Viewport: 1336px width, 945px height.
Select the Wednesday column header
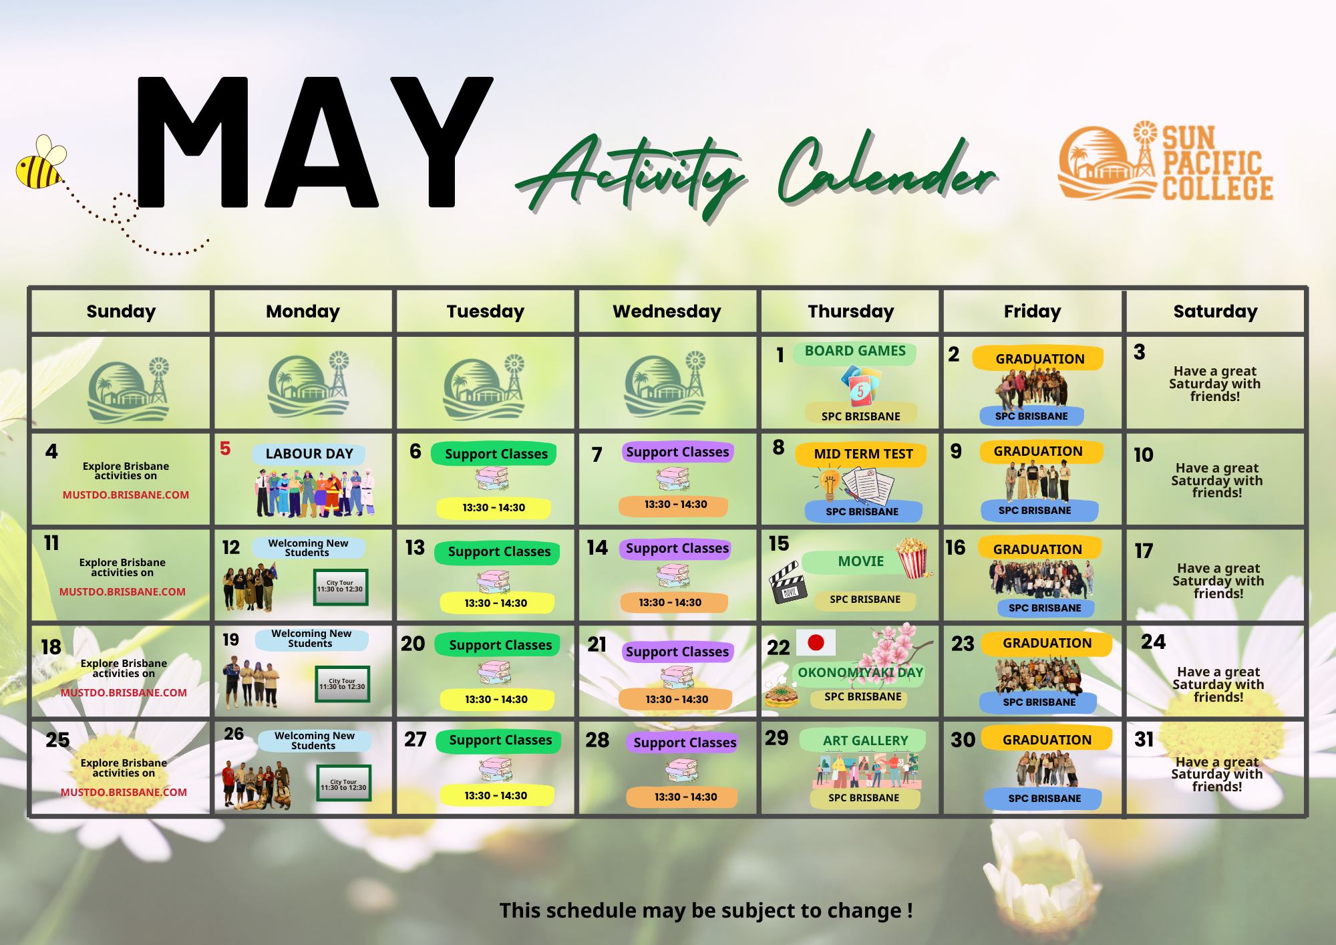tap(667, 311)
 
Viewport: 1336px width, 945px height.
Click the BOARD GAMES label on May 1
tap(855, 352)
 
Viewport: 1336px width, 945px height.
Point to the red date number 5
tap(225, 448)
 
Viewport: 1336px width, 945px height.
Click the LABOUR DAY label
tap(309, 454)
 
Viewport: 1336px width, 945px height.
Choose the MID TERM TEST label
tap(862, 454)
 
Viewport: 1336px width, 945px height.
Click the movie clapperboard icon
tap(788, 582)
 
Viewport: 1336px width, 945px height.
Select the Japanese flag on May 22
tap(816, 642)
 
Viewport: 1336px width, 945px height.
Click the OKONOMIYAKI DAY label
tap(860, 673)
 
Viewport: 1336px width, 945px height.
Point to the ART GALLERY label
tap(865, 740)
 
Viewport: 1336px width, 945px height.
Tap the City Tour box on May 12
tap(341, 587)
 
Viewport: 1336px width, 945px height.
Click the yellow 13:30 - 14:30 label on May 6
tap(494, 508)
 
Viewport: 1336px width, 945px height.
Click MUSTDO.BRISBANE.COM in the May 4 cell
tap(126, 495)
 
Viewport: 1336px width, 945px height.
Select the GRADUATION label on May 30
tap(1047, 739)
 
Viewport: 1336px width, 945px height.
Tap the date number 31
tap(1144, 739)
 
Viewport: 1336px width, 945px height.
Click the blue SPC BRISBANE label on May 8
tap(862, 512)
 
